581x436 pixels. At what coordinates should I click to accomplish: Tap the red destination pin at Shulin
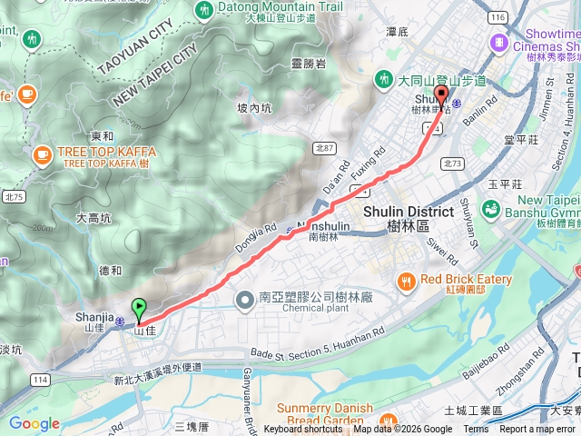click(442, 95)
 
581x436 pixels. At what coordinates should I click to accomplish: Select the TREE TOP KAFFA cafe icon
click(41, 156)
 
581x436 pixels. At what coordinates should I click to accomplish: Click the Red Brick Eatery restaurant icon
click(406, 280)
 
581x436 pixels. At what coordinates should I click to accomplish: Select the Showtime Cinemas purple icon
click(498, 42)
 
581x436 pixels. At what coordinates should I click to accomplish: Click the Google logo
click(34, 423)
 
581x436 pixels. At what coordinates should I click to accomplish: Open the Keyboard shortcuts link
click(303, 430)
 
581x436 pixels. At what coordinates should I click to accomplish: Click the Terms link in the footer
click(476, 430)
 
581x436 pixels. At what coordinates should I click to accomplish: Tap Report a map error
click(537, 430)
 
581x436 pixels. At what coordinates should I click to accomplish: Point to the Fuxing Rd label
click(369, 161)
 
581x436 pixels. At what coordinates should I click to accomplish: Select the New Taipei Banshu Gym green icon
click(491, 209)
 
